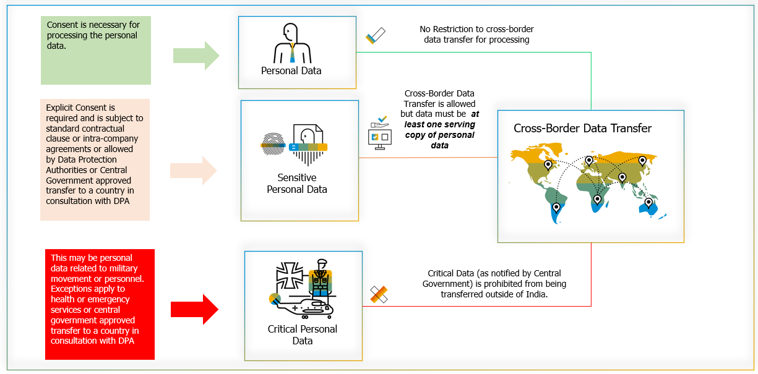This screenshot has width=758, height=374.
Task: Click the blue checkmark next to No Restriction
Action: pos(375,35)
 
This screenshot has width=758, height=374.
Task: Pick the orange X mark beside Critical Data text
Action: pos(379,294)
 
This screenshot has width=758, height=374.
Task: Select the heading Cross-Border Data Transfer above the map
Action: pos(582,129)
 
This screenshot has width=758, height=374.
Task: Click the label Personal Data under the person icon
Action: pos(291,70)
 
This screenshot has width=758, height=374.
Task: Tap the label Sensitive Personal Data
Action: pos(297,184)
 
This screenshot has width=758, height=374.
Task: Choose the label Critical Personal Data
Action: pos(303,334)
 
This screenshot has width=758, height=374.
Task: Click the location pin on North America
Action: pos(548,166)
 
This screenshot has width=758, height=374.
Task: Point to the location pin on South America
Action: pos(556,208)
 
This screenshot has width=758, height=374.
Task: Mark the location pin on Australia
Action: pos(648,203)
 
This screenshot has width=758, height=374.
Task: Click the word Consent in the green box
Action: pos(62,25)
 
